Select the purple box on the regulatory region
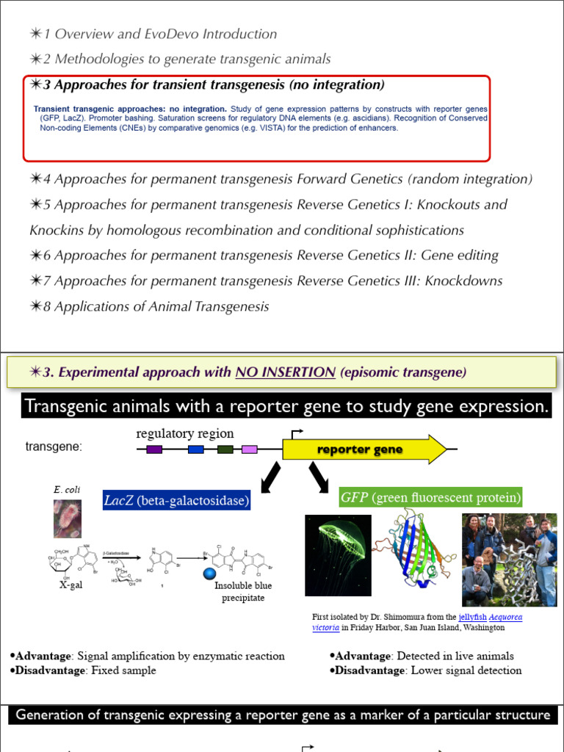154,449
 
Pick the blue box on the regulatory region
196,449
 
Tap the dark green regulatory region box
225,449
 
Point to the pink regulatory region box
250,449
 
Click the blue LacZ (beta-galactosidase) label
176,501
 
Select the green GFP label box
431,498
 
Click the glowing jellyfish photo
338,554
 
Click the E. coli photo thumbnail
68,518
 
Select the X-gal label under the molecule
74,586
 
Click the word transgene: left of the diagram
54,446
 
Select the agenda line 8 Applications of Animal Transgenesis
150,306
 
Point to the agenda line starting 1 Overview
153,34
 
